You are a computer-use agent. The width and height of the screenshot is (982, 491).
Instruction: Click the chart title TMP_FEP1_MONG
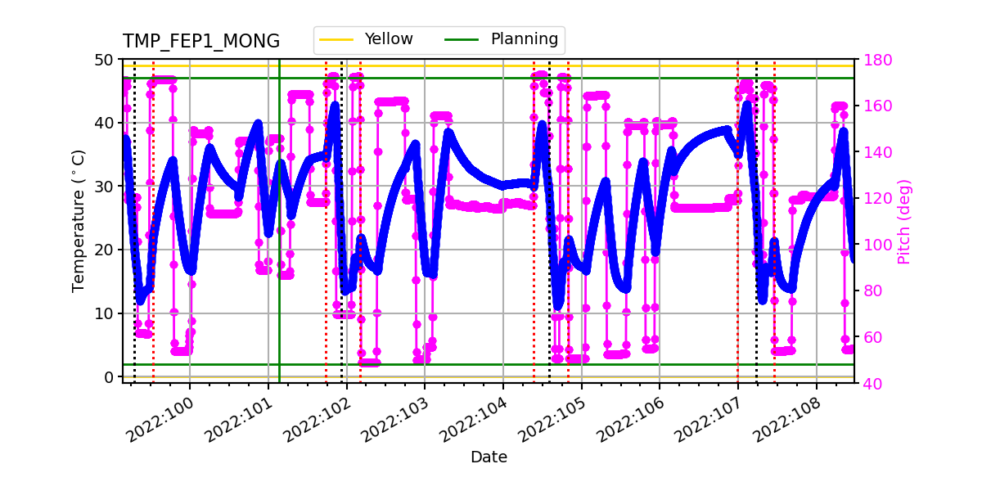point(201,42)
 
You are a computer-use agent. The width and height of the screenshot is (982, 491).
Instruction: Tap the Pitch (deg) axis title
point(903,221)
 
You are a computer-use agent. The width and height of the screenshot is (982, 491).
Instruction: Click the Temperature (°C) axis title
point(79,220)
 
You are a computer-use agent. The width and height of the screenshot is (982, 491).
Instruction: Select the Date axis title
point(489,457)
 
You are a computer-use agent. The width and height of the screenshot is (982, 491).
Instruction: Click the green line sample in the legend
point(462,39)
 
